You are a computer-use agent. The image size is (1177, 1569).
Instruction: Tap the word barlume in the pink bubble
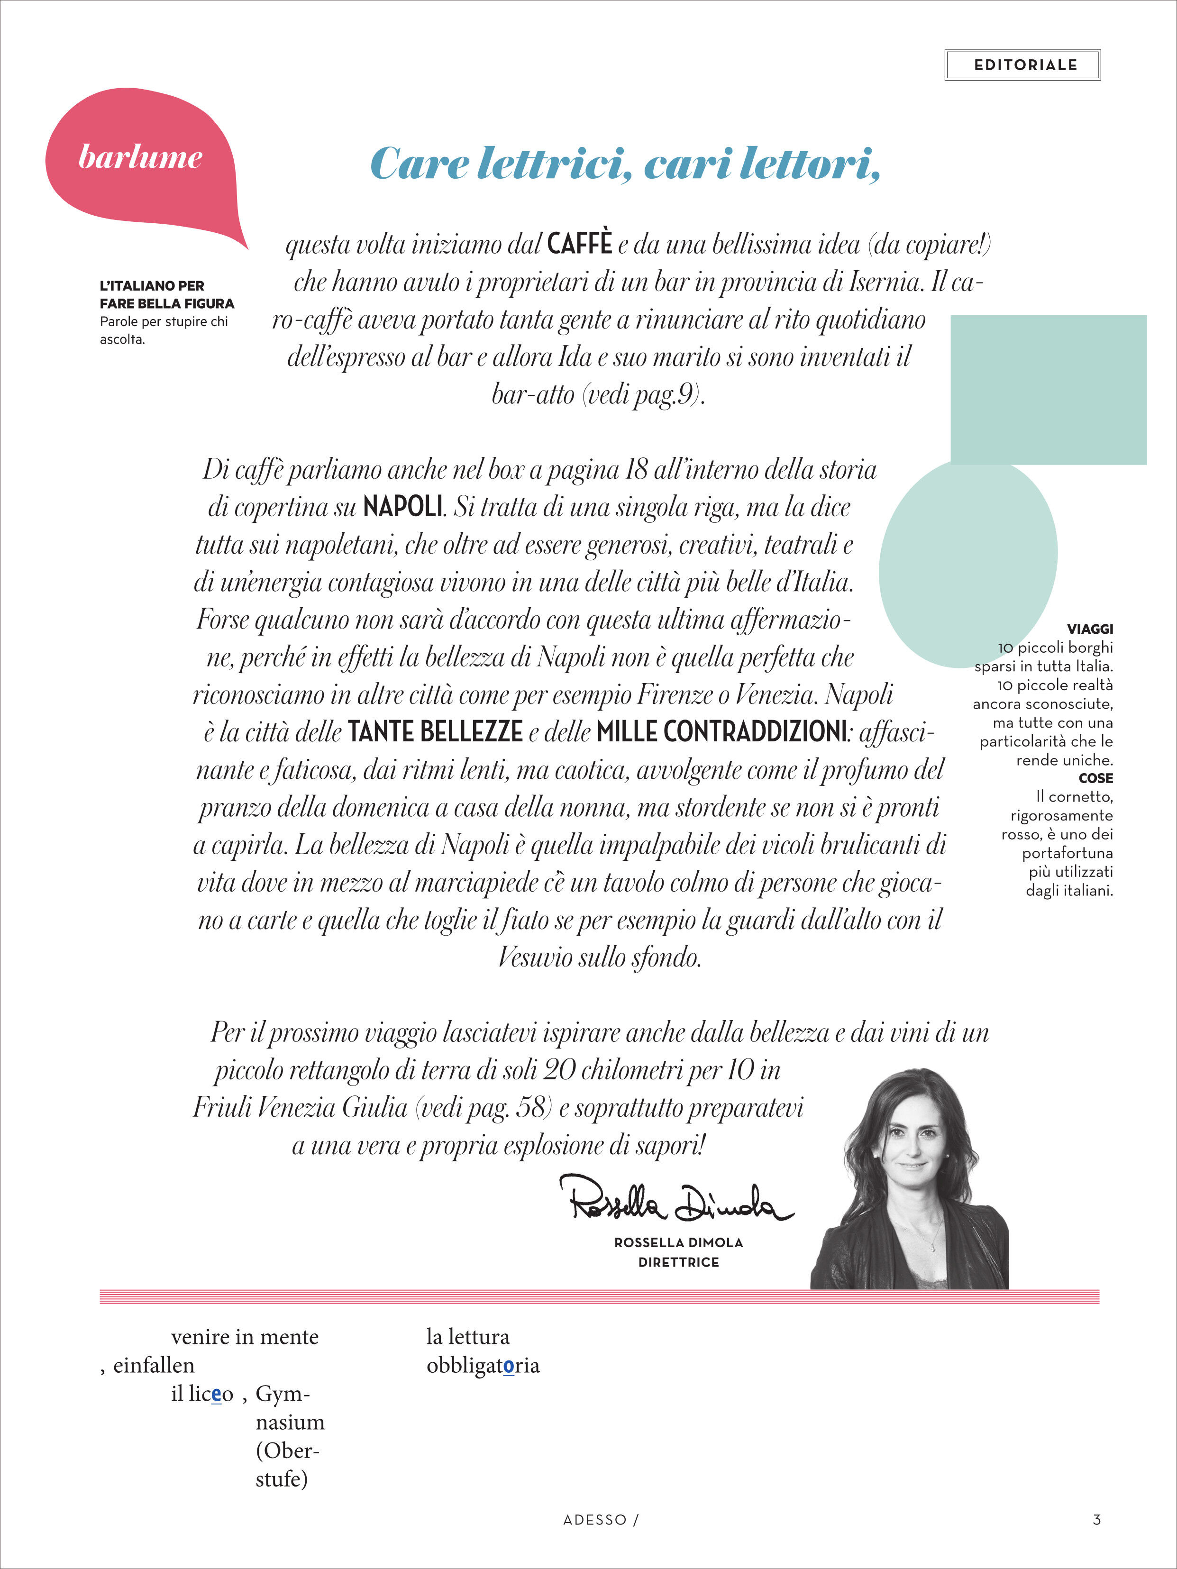pos(140,157)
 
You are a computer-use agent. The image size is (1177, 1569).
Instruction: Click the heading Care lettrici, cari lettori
pos(625,164)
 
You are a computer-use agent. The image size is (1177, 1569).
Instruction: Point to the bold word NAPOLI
pos(403,507)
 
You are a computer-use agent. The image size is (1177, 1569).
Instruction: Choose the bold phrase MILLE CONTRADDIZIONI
pos(721,732)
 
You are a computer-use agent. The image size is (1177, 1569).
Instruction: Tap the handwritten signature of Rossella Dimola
pos(677,1200)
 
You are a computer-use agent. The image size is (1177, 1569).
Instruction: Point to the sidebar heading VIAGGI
pos(1090,629)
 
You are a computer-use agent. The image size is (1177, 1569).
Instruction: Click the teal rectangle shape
pos(1048,390)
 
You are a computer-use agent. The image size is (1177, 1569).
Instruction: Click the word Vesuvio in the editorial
pos(535,958)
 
